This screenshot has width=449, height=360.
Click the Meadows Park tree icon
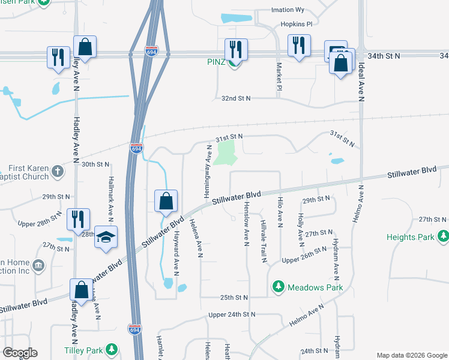278,287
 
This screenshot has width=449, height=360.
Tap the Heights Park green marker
444,237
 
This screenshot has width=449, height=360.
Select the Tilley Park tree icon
110,350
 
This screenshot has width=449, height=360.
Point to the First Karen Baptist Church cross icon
58,170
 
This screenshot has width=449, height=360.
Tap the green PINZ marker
234,62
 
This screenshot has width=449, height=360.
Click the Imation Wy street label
288,10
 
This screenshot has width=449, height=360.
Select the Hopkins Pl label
297,25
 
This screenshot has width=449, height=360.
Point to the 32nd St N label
235,98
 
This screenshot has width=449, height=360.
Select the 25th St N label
234,297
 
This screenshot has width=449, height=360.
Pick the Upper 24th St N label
232,314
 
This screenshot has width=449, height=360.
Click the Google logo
20,353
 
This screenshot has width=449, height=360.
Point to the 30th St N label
96,164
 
